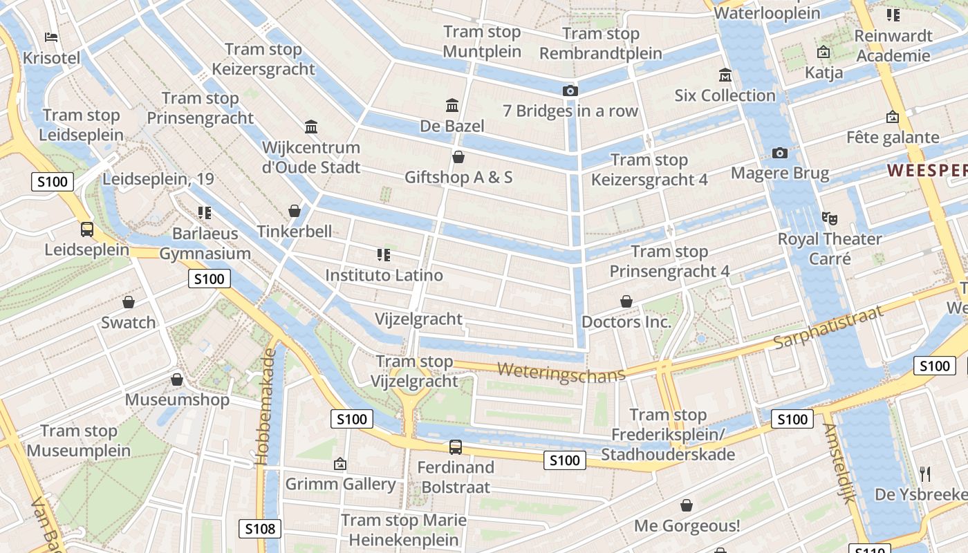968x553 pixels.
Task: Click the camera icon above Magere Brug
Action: point(780,153)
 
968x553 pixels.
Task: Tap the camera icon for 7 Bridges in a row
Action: point(570,91)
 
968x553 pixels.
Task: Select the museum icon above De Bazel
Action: point(452,106)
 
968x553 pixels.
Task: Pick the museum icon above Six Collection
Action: point(725,75)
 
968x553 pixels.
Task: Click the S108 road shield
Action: point(260,529)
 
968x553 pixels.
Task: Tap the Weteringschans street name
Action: point(561,371)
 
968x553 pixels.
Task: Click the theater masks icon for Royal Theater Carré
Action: point(830,218)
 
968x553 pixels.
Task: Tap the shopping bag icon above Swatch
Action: point(129,302)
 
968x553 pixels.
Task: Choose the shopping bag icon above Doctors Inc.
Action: point(626,301)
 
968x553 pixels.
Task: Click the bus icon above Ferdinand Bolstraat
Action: point(455,447)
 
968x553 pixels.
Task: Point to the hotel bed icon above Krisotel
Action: point(51,37)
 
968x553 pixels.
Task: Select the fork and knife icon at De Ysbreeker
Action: point(925,474)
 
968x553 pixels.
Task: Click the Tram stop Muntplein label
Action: point(482,41)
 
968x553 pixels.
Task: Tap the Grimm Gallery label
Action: point(340,484)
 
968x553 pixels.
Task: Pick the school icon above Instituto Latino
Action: point(384,255)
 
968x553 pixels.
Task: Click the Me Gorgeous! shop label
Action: point(687,526)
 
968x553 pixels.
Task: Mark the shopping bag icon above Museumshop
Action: point(177,379)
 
